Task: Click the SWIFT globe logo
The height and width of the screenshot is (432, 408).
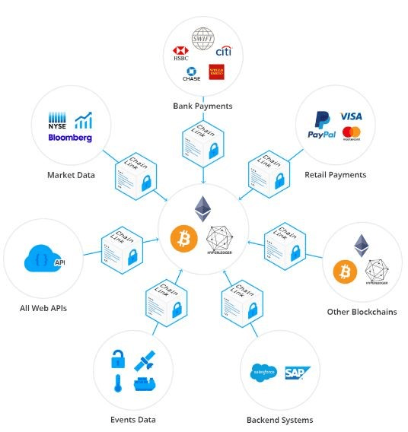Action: point(203,39)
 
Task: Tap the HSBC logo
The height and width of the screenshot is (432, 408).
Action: point(180,54)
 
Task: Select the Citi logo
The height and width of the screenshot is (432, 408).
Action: point(224,52)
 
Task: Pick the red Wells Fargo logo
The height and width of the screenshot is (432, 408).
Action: point(217,73)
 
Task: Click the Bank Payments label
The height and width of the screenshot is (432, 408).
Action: point(202,106)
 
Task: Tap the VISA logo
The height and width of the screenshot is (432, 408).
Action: point(351,116)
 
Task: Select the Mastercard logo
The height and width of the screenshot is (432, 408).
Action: point(351,134)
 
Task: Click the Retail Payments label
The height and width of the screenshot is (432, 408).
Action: point(335,174)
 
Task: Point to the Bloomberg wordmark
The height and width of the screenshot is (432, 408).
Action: point(69,138)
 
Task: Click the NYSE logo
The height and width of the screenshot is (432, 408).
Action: point(59,121)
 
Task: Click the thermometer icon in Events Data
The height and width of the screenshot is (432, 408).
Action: point(120,383)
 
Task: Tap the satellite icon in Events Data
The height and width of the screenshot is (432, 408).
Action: point(145,360)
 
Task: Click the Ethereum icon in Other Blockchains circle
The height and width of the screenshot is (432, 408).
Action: point(362,246)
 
